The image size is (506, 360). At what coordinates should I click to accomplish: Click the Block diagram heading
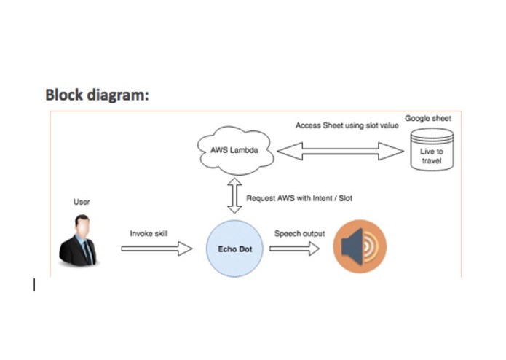coord(97,95)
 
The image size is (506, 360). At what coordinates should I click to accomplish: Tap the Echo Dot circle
coord(234,249)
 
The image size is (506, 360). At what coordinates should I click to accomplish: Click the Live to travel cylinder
coord(432,151)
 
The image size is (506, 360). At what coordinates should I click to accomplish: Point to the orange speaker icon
coord(360,248)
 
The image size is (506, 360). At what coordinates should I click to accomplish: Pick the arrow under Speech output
coord(294,249)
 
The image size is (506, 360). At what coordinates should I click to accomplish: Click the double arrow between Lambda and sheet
coord(340,152)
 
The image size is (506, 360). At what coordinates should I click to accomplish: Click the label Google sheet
coord(428,118)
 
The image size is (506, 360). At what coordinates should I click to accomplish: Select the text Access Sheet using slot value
coord(347,125)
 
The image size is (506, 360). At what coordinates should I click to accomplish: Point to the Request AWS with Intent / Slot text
coord(299,197)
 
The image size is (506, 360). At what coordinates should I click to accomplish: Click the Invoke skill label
coord(149,234)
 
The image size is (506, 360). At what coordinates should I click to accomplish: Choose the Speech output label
coord(299,234)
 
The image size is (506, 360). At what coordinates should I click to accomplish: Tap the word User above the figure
coord(82,202)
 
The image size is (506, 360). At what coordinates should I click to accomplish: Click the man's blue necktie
coord(87,252)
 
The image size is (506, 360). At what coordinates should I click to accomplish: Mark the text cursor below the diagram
coord(34,285)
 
